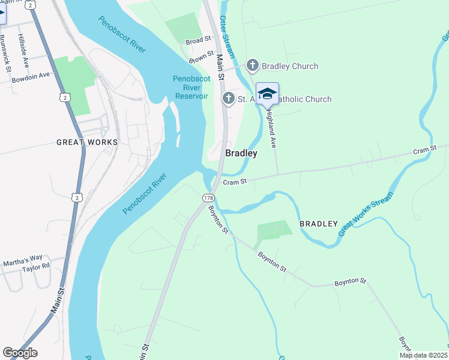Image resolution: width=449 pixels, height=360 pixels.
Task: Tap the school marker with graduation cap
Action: tap(267, 94)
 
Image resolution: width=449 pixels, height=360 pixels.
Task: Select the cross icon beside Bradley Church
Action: tap(253, 65)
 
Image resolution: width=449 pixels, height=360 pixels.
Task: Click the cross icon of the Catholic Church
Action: tap(228, 98)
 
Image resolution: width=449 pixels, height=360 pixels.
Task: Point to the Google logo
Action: tap(20, 352)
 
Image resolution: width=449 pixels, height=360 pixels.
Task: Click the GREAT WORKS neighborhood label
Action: tap(88, 142)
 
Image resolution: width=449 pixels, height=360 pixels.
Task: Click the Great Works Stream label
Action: tap(366, 214)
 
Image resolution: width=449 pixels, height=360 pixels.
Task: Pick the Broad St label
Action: tap(199, 41)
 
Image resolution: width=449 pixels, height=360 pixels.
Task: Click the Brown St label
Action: tap(202, 58)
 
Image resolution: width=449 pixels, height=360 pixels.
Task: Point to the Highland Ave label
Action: tap(271, 128)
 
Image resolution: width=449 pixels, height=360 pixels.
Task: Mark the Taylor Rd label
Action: tap(35, 268)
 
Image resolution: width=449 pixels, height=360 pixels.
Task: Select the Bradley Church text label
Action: tap(291, 66)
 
